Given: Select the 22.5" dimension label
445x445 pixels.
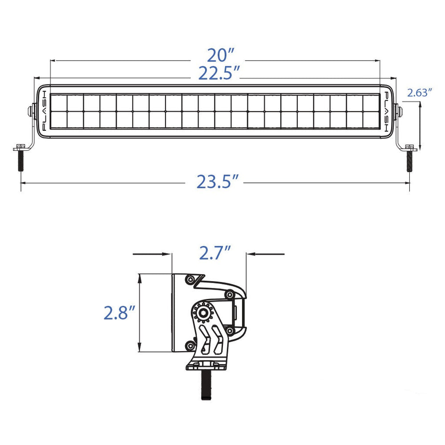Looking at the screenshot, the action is coord(219,73).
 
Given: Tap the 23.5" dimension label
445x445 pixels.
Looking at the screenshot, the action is coord(218,182).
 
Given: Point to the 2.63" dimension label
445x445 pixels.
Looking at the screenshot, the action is coord(420,93).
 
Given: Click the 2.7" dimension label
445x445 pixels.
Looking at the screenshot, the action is coord(215,253).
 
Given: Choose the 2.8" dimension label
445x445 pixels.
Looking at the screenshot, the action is coord(119,312).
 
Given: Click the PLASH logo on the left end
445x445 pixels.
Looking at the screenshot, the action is coord(44,111).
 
